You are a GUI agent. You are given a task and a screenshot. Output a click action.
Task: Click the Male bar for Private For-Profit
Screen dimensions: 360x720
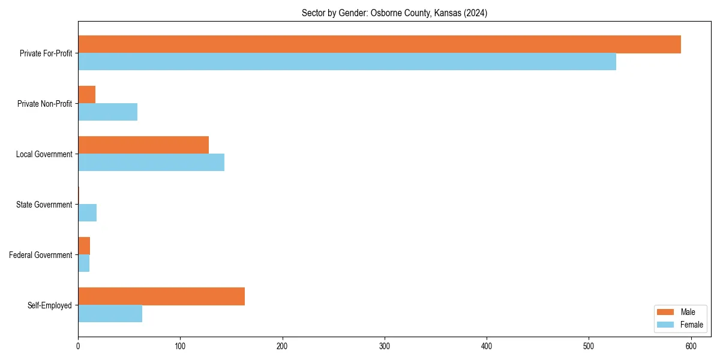(379, 44)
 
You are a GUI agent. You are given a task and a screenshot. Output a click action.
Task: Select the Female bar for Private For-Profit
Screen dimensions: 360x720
(347, 62)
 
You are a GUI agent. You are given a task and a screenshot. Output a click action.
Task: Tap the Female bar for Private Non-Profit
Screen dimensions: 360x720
(107, 112)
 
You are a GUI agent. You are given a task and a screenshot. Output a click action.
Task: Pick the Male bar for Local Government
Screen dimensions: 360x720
(143, 145)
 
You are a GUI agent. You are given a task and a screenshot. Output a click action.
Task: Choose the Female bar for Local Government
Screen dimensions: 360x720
(151, 163)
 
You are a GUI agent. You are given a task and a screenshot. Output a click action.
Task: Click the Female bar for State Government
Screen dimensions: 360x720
(87, 213)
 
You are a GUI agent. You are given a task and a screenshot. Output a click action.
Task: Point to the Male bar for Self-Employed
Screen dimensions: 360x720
(161, 296)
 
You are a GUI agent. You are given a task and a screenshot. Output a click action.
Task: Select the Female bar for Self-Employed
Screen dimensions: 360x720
(110, 314)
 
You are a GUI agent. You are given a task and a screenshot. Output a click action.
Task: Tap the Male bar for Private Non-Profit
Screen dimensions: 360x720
(86, 95)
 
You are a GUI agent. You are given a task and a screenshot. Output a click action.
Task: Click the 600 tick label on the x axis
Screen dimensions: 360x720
(691, 346)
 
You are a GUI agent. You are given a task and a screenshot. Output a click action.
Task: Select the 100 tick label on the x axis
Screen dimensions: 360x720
(180, 346)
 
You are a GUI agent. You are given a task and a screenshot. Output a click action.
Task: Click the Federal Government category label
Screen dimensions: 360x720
(41, 255)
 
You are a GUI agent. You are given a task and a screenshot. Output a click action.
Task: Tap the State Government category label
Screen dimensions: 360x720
(44, 205)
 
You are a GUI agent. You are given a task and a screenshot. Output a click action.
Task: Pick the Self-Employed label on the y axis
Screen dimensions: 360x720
(50, 305)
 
